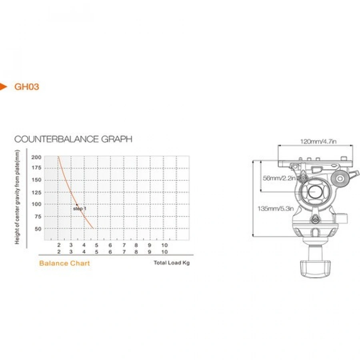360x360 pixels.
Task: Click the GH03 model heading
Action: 27,87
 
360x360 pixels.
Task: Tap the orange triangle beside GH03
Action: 3,87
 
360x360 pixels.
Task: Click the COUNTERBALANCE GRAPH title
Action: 73,139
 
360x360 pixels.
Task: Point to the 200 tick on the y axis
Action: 36,157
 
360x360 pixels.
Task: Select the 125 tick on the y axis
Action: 36,192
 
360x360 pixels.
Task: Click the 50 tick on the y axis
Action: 38,229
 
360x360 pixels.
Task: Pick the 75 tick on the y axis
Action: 38,216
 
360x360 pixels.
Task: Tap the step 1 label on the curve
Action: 80,208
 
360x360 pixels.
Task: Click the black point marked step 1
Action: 77,204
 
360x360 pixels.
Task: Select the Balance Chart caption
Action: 64,263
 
